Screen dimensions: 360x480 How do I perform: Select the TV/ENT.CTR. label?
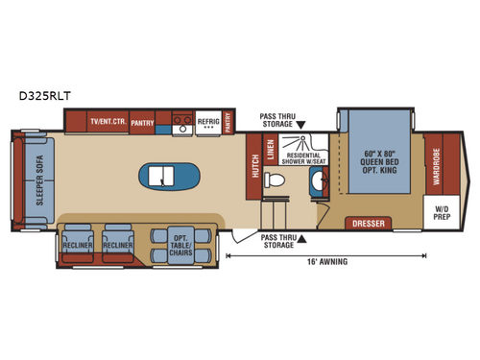[x=108, y=122]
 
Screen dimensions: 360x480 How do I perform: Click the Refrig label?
[x=207, y=122]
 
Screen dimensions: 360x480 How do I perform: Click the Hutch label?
[x=253, y=170]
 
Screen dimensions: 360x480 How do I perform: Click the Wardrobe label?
[x=436, y=167]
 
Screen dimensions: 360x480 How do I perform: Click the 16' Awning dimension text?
[x=325, y=261]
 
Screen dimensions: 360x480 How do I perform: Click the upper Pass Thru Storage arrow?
[x=300, y=125]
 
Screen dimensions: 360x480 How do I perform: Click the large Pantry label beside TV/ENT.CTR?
[x=143, y=122]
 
